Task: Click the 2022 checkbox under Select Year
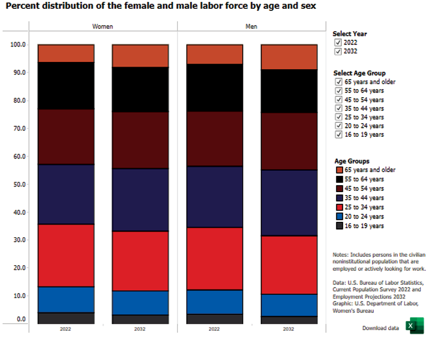338,42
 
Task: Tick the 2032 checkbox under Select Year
338,51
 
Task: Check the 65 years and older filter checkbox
339,82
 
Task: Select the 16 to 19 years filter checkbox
339,134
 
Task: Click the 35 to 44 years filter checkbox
339,108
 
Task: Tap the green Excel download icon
414,326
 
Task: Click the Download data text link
381,328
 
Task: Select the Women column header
103,27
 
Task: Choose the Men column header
251,27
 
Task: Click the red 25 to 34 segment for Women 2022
66,255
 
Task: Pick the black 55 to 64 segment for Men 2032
289,91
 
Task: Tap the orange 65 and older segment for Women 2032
140,56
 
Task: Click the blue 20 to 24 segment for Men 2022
215,302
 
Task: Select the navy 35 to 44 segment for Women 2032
140,200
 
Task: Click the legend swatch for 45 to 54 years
339,188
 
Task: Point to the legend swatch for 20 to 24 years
339,216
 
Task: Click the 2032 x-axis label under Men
289,329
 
